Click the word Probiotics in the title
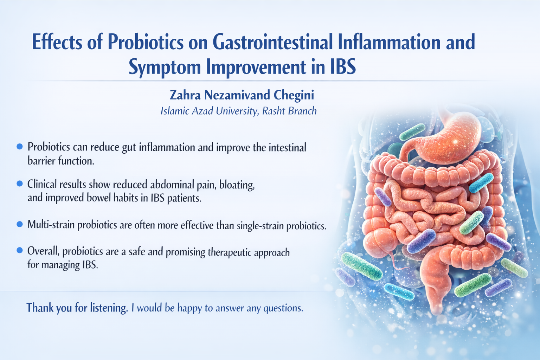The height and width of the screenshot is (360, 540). (145, 42)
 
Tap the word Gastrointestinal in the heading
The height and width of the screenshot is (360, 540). (272, 42)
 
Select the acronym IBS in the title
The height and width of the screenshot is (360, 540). (343, 67)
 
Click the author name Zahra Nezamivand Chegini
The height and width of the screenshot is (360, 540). (242, 95)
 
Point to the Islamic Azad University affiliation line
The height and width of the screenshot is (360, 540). (238, 111)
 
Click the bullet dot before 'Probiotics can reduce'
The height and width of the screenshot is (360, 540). (20, 146)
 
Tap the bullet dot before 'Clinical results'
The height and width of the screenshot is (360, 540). (20, 184)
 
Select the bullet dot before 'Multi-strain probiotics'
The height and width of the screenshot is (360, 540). (20, 224)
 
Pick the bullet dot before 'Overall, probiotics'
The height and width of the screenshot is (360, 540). (20, 250)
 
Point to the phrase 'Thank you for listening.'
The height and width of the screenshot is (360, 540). (77, 308)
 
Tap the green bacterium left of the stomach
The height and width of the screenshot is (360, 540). (412, 132)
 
